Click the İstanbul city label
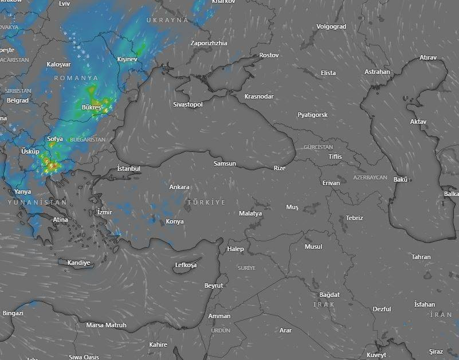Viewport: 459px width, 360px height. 128,169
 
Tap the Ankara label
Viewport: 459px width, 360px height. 179,187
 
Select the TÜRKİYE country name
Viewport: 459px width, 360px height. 206,202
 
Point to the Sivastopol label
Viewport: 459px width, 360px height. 188,104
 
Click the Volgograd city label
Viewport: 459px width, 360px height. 331,26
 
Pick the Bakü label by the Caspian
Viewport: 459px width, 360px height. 400,179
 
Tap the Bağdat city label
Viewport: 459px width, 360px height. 330,295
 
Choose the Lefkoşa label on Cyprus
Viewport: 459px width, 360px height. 186,265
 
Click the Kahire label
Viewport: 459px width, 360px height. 158,345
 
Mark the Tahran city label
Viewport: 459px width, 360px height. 421,257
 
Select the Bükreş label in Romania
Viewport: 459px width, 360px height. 91,107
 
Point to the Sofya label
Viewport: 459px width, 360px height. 55,139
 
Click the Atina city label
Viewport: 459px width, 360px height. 60,220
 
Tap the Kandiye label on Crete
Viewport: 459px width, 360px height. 79,263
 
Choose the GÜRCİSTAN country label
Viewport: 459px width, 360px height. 318,147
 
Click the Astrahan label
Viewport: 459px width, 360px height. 377,72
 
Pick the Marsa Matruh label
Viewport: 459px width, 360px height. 106,325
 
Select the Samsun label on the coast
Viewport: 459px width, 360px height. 225,163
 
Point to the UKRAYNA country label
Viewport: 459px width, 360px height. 167,19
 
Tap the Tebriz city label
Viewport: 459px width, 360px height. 354,218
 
